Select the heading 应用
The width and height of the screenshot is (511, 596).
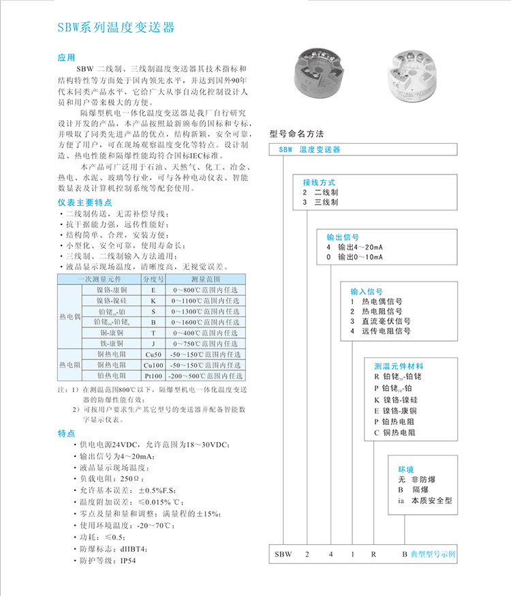[67, 58]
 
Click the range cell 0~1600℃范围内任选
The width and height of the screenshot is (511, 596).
[207, 323]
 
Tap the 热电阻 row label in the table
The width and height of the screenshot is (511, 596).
[69, 366]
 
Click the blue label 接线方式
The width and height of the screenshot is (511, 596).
[320, 183]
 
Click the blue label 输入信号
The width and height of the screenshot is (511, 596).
[367, 290]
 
